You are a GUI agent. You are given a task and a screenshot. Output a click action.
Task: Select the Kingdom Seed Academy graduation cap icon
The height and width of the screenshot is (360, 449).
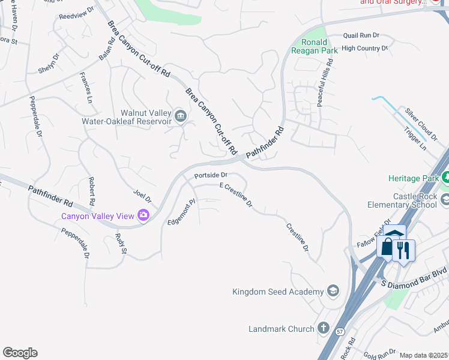[x=333, y=292]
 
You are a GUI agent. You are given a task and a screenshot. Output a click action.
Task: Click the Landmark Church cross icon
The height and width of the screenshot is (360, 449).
[x=324, y=328]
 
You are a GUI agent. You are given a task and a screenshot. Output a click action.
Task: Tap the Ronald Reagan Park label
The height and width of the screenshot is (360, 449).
[x=319, y=46]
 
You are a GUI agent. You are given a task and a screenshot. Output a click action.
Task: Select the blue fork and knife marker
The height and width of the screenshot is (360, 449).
[x=403, y=250]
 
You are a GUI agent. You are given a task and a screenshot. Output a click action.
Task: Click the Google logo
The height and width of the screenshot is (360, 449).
[x=20, y=353]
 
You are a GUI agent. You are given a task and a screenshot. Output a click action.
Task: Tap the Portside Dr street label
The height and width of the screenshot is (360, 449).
[x=210, y=176]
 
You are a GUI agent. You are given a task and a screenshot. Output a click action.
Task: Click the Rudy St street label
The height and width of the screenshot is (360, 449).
[x=120, y=243]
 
